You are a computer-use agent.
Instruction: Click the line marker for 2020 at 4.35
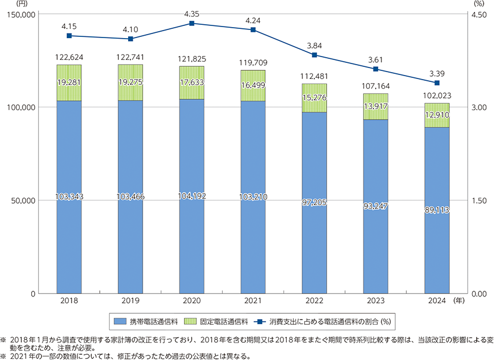click(x=192, y=24)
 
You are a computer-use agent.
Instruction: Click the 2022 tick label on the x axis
click(x=314, y=301)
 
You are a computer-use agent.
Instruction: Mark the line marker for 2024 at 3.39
click(x=437, y=83)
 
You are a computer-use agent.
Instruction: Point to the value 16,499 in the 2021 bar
click(x=253, y=85)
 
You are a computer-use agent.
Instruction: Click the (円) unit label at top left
click(x=41, y=5)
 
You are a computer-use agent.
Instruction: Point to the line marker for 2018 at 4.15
click(x=69, y=36)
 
